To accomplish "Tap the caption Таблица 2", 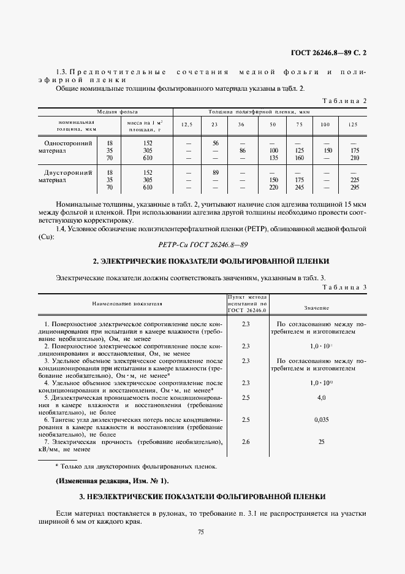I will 344,101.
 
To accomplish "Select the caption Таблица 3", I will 344,286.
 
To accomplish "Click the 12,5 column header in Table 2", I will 187,124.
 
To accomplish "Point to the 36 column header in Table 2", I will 241,124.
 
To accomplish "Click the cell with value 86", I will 242,150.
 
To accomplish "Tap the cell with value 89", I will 215,173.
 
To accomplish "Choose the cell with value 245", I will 300,188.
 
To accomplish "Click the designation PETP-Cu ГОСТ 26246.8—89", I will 202,244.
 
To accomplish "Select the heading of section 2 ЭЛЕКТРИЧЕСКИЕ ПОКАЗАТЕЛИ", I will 202,261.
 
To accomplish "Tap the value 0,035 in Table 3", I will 321,419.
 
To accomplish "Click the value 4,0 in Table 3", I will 321,399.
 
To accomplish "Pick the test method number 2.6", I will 246,442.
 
